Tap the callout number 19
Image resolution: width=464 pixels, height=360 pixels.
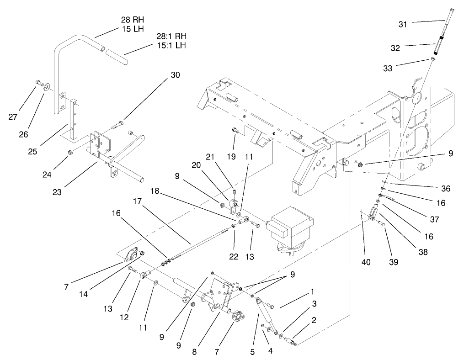(231, 156)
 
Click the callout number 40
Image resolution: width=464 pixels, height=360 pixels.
(366, 262)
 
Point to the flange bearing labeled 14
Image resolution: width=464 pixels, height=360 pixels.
(134, 254)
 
